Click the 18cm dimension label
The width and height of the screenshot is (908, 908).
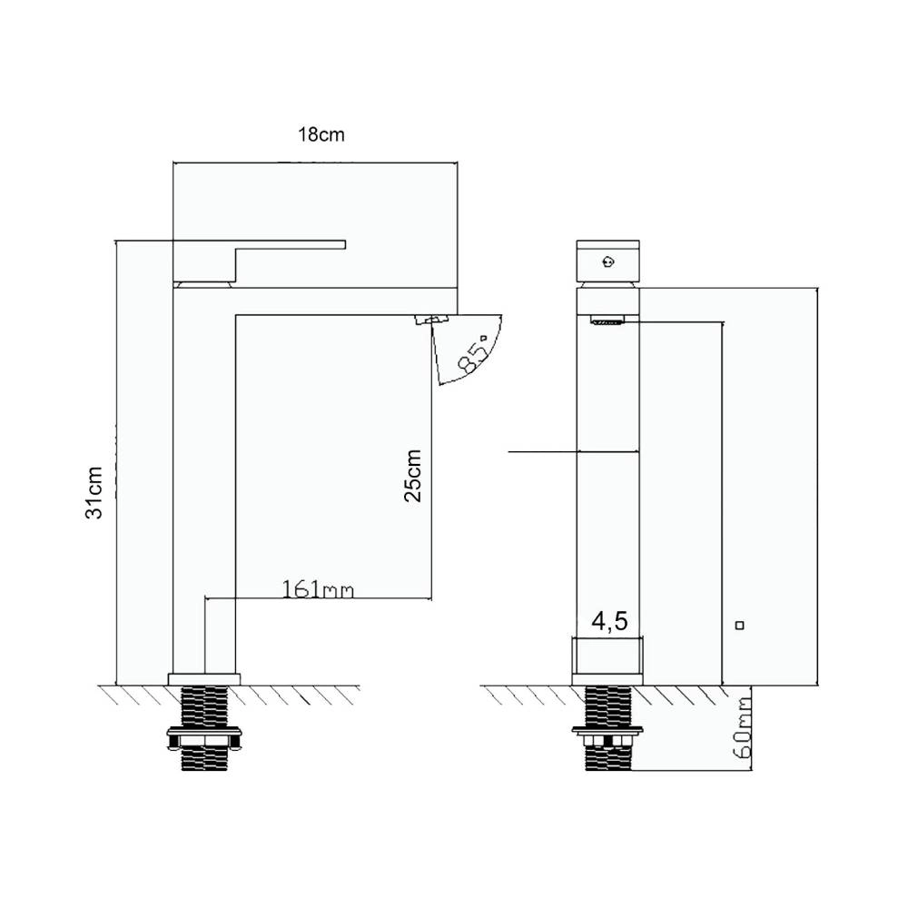pyautogui.click(x=321, y=134)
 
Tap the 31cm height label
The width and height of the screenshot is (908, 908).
pyautogui.click(x=94, y=492)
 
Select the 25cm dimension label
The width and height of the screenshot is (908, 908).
pyautogui.click(x=413, y=476)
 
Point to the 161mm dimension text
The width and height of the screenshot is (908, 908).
pyautogui.click(x=317, y=589)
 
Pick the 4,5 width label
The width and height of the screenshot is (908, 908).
pyautogui.click(x=609, y=621)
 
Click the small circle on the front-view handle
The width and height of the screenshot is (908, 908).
pyautogui.click(x=608, y=262)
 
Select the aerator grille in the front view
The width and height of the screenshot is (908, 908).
pyautogui.click(x=607, y=321)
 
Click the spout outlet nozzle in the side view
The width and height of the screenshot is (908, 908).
pyautogui.click(x=432, y=319)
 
